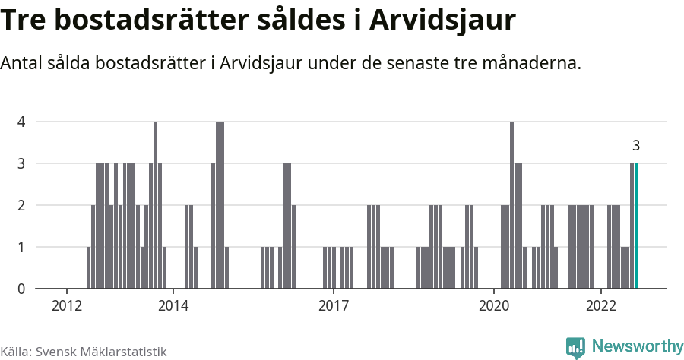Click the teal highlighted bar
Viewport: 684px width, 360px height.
coord(637,226)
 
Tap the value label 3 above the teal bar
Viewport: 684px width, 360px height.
coord(636,146)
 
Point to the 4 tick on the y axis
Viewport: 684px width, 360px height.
coord(21,122)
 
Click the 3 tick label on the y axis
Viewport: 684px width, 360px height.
coord(21,163)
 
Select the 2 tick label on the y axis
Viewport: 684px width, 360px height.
coord(21,205)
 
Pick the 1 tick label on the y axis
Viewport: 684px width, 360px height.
coord(21,247)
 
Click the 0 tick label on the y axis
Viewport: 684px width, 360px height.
coord(21,289)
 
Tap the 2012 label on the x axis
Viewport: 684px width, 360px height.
coord(66,306)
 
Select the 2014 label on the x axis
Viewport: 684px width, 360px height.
coord(173,306)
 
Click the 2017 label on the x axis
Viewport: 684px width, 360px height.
coord(334,306)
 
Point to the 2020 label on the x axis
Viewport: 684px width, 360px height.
coord(494,306)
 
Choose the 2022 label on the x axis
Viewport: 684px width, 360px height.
coord(601,306)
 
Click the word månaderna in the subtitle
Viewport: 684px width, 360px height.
coord(533,63)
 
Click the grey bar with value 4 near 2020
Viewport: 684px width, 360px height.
coord(512,205)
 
